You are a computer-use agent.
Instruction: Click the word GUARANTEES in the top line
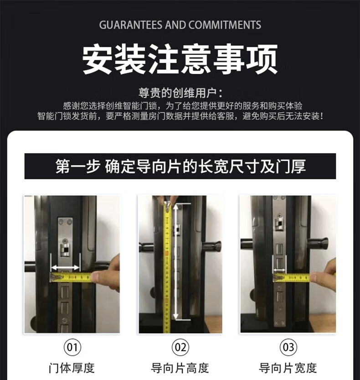(130, 25)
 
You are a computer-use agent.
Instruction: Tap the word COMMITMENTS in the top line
(225, 25)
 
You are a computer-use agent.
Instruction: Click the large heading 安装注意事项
(180, 59)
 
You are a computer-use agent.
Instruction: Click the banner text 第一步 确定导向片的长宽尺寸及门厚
(180, 166)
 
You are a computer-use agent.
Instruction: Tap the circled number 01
(72, 347)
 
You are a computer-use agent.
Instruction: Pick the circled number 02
(180, 347)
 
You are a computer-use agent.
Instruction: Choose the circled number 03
(288, 347)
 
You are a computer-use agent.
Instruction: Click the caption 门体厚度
(72, 368)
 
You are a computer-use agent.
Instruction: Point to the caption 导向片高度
(180, 368)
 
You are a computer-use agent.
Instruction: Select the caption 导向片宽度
(288, 368)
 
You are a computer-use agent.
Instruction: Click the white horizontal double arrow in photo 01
(65, 267)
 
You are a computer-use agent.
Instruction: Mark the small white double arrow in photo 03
(279, 270)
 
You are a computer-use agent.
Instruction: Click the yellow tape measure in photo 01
(71, 277)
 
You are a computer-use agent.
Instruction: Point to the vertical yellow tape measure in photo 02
(167, 266)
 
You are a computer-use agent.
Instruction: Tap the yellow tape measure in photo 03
(292, 277)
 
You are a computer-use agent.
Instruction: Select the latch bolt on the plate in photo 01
(65, 250)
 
